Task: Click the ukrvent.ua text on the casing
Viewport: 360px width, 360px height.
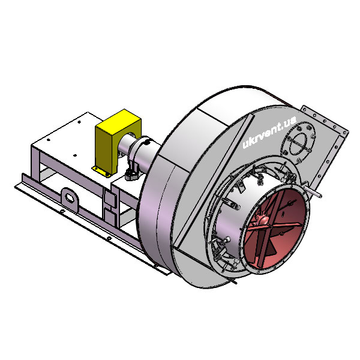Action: tap(269, 132)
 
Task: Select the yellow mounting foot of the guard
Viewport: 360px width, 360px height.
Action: tap(101, 171)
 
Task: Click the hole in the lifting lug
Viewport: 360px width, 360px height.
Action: tap(70, 197)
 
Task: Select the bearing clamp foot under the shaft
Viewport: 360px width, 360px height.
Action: tap(133, 175)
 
